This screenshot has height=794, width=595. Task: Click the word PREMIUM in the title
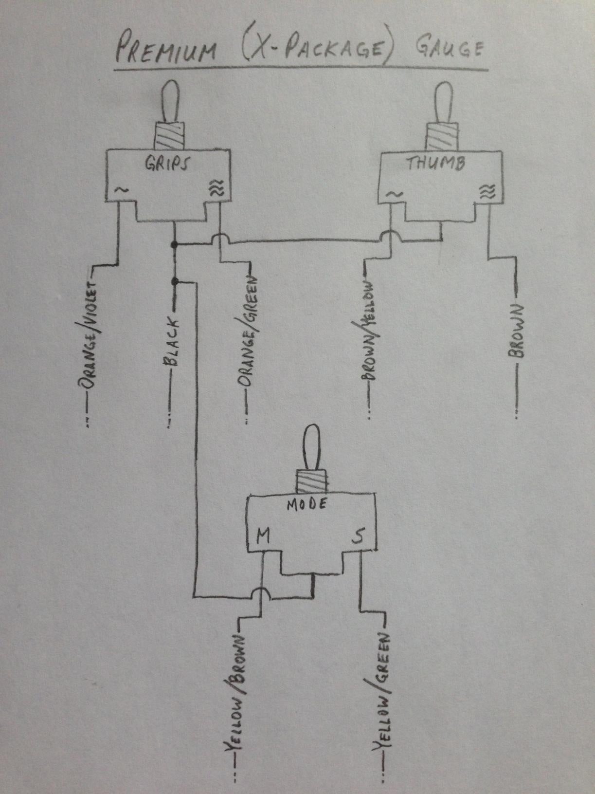(x=165, y=50)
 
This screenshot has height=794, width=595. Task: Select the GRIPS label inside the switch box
(x=165, y=164)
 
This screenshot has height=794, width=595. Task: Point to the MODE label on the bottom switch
(x=307, y=505)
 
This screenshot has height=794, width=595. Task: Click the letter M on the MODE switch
(x=263, y=536)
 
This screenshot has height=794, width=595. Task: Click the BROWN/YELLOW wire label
(x=369, y=331)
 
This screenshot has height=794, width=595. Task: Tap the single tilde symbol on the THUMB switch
(x=394, y=194)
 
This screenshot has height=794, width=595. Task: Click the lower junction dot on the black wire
(x=174, y=281)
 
